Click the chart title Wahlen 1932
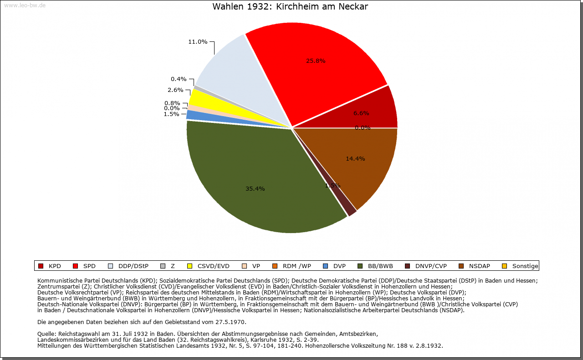tap(290, 7)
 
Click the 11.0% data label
tap(198, 42)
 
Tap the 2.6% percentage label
tap(175, 90)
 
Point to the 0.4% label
tap(179, 79)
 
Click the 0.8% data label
tap(172, 103)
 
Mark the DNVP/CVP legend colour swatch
tap(407, 266)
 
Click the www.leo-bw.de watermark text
tap(25, 5)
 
